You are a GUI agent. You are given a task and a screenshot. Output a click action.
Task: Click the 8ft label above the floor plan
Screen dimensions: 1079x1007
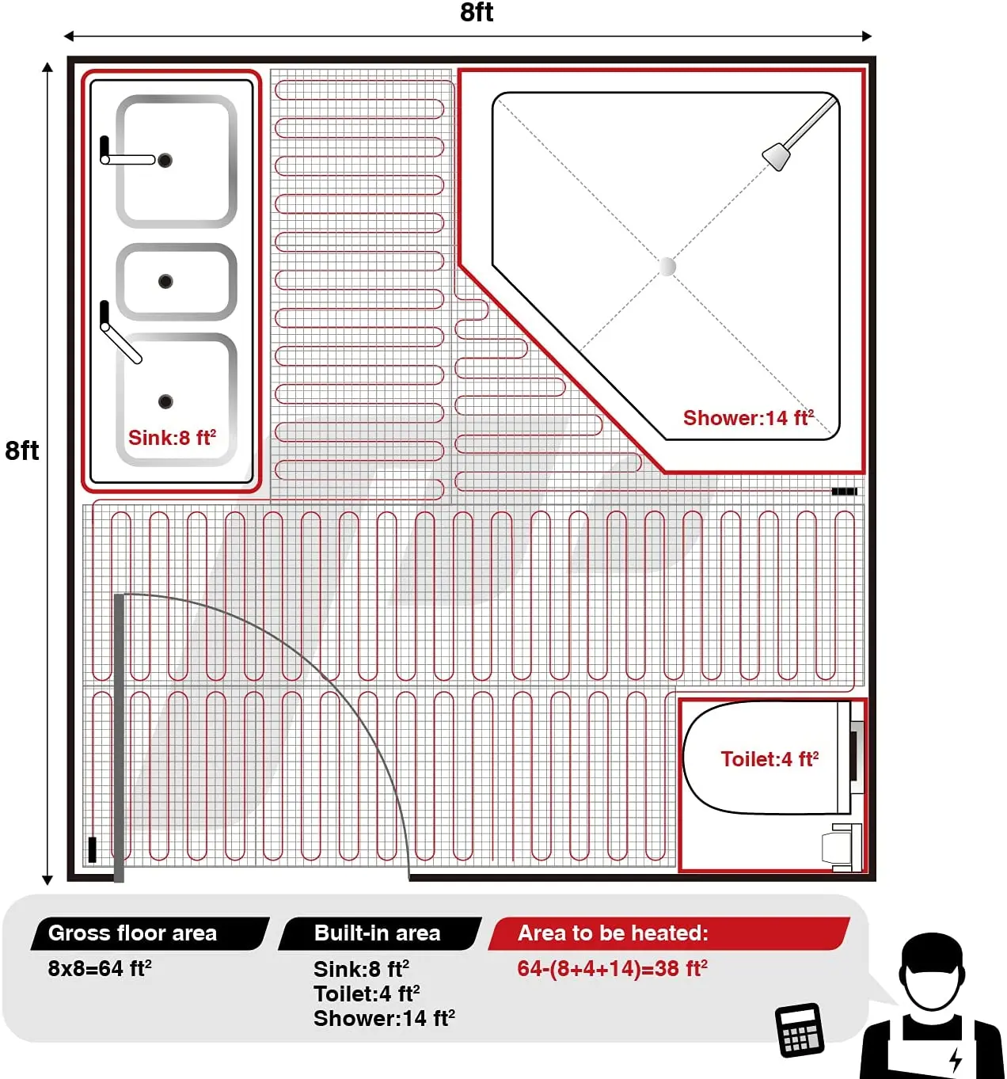[477, 13]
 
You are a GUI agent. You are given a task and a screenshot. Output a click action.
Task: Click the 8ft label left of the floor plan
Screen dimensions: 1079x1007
[22, 450]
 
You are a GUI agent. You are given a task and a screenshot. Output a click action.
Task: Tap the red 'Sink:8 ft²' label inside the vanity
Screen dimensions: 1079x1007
[172, 438]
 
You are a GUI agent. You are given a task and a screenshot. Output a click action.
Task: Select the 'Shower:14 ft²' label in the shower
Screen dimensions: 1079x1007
[748, 418]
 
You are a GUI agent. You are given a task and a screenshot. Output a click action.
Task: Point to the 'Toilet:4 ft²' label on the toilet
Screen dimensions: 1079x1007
[769, 759]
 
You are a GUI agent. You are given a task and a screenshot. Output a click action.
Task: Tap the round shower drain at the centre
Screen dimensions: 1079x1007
[668, 266]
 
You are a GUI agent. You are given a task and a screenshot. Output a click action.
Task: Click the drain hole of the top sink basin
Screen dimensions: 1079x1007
[165, 161]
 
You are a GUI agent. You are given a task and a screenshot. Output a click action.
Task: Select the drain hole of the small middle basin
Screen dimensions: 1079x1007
[165, 281]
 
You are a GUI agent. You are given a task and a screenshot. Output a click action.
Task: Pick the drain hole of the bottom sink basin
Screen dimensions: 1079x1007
[165, 401]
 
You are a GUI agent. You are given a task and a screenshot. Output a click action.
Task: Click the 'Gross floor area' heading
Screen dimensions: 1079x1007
[133, 933]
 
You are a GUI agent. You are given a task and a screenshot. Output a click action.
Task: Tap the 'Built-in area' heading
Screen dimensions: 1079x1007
[377, 933]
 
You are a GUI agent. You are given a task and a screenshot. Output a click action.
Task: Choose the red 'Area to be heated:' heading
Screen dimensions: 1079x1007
[613, 933]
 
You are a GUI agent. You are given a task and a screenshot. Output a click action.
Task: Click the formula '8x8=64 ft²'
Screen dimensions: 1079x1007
[100, 968]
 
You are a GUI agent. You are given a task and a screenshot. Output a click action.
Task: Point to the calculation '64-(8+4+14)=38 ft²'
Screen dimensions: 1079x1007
[612, 968]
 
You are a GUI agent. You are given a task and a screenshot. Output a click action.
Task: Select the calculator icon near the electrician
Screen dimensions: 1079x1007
[800, 1030]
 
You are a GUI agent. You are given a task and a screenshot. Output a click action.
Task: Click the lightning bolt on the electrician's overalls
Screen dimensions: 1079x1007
[956, 1058]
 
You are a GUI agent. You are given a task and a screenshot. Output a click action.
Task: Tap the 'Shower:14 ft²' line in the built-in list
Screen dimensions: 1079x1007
[384, 1018]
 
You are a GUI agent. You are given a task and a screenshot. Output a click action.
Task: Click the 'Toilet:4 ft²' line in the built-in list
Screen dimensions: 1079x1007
[367, 994]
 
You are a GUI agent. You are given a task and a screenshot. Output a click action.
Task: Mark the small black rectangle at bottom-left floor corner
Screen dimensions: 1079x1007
[92, 849]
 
